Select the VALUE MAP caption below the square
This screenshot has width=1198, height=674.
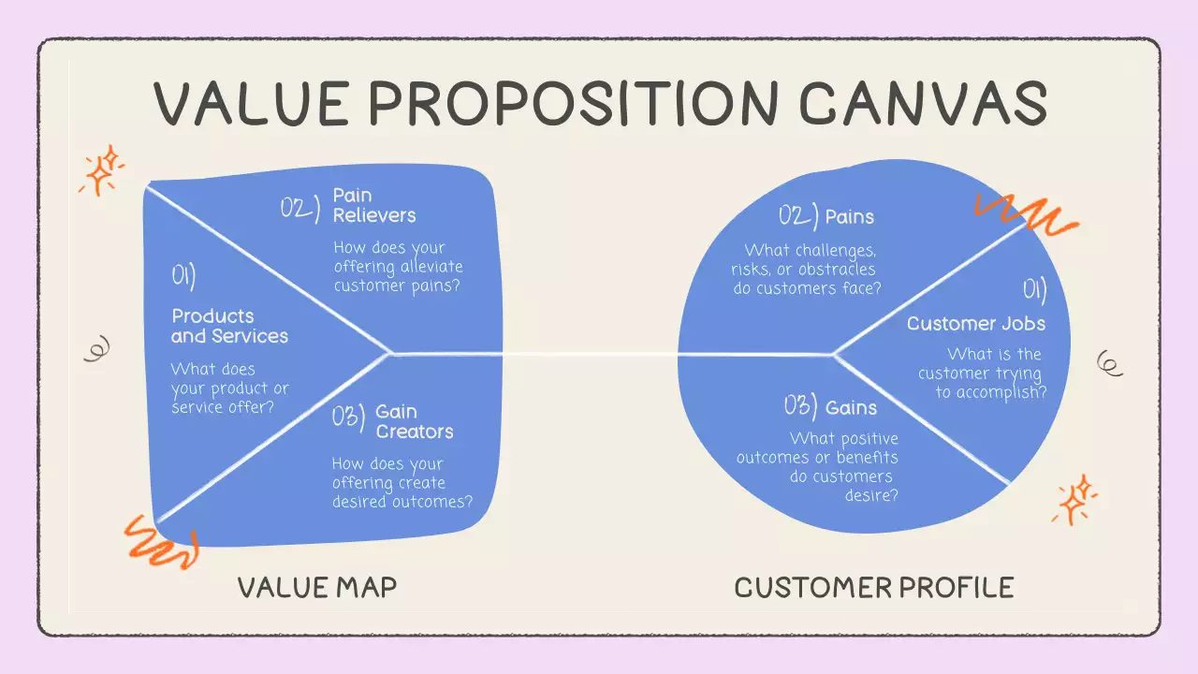(317, 588)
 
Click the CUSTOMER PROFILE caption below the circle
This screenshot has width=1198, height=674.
(874, 588)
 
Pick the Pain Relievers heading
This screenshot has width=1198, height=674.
(374, 206)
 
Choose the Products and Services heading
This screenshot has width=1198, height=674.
(229, 326)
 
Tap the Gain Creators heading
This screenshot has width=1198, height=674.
(414, 422)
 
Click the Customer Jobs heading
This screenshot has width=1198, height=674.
(975, 324)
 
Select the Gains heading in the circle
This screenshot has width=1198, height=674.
(851, 407)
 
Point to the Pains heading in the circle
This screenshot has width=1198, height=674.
(849, 217)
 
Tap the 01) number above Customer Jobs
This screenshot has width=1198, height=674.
(1033, 291)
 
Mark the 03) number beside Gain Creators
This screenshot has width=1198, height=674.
(348, 417)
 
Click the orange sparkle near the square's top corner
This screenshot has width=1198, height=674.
(101, 169)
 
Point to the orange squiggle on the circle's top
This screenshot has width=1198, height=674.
(1026, 213)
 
